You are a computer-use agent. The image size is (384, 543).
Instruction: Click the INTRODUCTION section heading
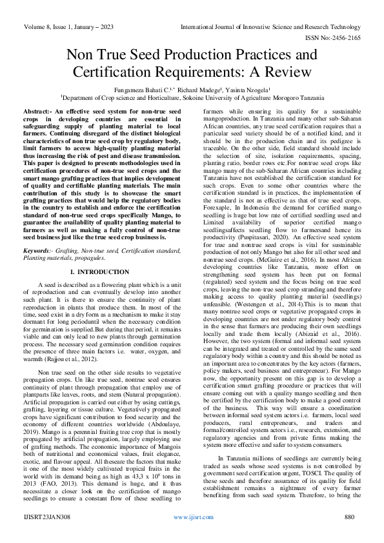pos(103,255)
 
